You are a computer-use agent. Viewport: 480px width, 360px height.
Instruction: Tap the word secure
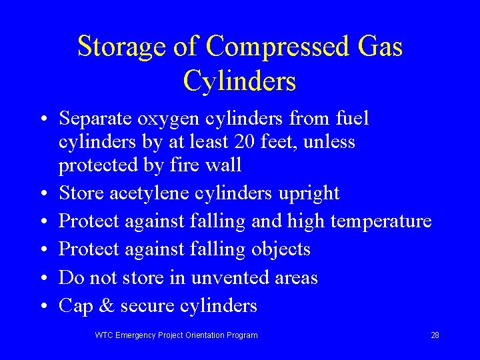(144, 306)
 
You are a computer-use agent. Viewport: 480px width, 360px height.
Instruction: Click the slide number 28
(435, 335)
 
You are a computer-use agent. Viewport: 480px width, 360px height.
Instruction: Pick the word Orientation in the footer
(203, 335)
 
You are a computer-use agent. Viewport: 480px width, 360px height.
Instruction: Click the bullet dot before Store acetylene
(43, 195)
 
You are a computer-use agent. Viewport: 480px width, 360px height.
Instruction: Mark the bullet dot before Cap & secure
(43, 307)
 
